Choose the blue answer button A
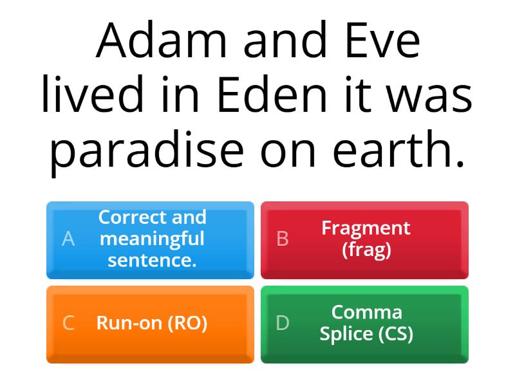coord(150,239)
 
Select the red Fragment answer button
coord(364,239)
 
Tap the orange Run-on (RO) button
coord(150,324)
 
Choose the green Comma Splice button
coord(364,324)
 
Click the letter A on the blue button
coord(68,239)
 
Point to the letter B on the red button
coord(282,239)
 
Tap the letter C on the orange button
coord(68,324)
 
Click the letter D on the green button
coord(282,324)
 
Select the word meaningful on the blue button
coord(152,239)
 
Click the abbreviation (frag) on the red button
coord(366,250)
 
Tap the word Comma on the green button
coord(366,313)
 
